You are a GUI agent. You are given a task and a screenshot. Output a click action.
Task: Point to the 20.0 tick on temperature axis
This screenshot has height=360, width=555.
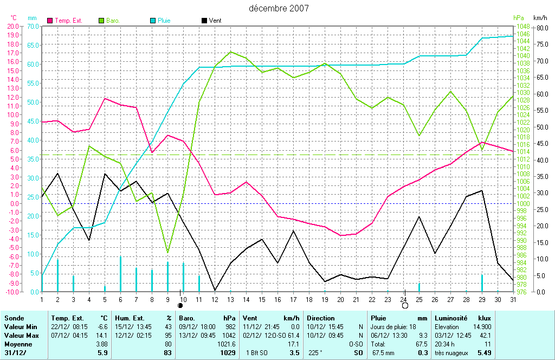coord(12,26)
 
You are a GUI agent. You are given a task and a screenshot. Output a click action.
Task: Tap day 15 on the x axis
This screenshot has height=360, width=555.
coord(262,299)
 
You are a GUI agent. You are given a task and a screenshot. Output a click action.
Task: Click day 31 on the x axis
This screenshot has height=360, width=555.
coord(513,299)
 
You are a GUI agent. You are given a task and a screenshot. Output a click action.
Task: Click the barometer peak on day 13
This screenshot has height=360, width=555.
coord(231,52)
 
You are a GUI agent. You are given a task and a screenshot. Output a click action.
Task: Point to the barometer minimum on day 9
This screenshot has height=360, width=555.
coord(167,253)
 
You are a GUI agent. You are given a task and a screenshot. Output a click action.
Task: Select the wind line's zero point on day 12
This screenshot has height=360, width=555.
coord(215,291)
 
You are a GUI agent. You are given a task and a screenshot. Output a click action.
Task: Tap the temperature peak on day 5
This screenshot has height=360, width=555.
coord(105,98)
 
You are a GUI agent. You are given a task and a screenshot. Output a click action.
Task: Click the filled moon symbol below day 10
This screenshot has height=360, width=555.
coord(180,306)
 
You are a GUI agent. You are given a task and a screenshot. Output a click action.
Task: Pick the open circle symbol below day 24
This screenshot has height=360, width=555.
coord(405,306)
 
